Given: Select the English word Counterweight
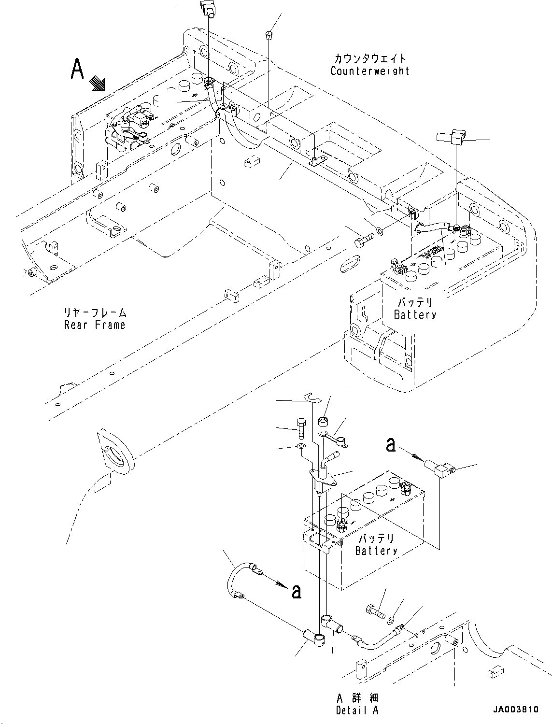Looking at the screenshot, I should [x=369, y=71].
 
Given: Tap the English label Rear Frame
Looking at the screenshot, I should [x=95, y=325].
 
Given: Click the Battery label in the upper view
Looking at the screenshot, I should [x=415, y=314].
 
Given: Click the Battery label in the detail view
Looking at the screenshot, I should [x=376, y=551].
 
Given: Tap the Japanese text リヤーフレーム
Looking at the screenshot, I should [x=95, y=312].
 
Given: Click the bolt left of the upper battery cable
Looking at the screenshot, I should [x=364, y=240].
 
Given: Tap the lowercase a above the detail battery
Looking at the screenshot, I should [x=391, y=445].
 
